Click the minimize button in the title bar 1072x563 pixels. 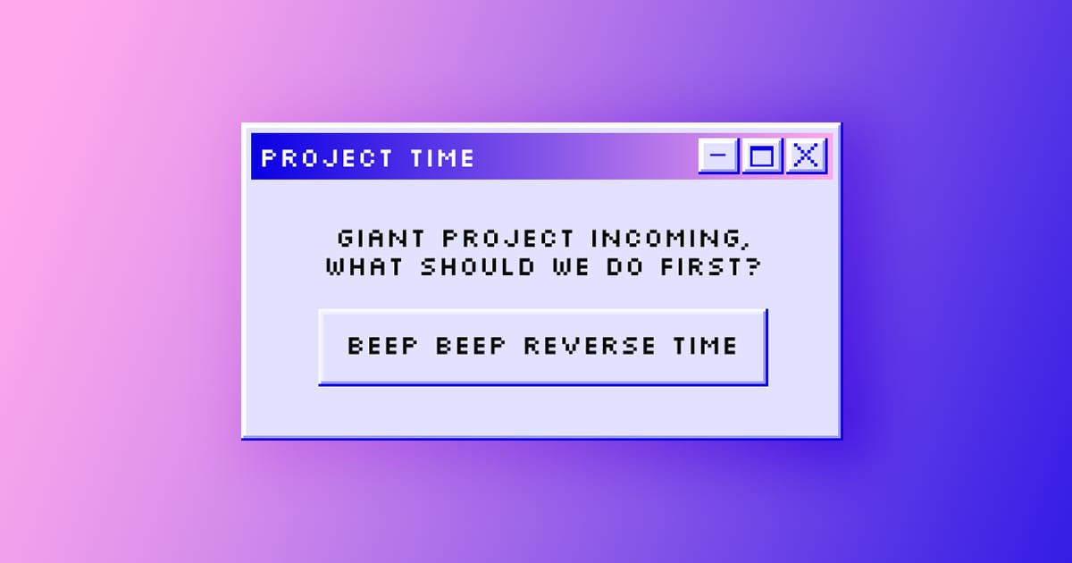click(x=718, y=155)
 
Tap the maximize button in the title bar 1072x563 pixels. click(x=762, y=155)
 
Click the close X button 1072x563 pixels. click(x=807, y=155)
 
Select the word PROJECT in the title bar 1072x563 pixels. click(x=327, y=158)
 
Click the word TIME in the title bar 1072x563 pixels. click(x=443, y=158)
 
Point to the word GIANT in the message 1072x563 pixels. click(x=381, y=239)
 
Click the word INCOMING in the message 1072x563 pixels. click(x=666, y=239)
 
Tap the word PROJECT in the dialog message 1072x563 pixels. click(x=507, y=239)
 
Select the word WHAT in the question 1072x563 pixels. click(x=364, y=266)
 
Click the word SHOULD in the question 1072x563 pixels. click(x=478, y=266)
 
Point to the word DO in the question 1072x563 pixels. click(x=624, y=266)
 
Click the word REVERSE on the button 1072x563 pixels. click(x=590, y=346)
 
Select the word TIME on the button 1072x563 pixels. click(x=705, y=346)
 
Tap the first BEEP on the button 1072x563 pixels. click(x=383, y=346)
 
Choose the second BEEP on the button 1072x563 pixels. click(x=471, y=346)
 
